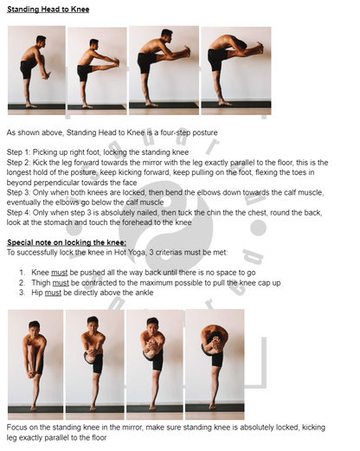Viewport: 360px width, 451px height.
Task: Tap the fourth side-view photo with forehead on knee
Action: pyautogui.click(x=235, y=70)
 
